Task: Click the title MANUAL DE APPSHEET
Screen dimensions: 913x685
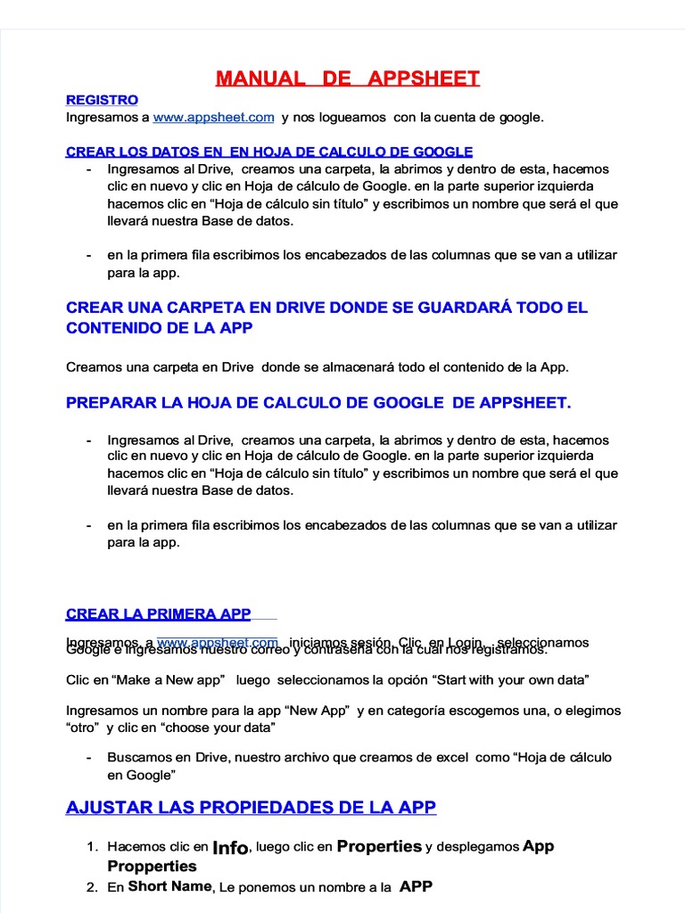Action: point(348,78)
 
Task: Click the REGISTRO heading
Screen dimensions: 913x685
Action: point(102,99)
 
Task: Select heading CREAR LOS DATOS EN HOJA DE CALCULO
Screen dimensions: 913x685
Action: point(269,152)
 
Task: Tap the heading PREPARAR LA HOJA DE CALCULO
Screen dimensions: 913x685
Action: point(318,403)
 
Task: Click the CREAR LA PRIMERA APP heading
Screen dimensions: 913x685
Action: point(159,613)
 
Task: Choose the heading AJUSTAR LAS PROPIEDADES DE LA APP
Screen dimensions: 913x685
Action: point(251,808)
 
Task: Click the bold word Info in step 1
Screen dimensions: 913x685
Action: point(230,848)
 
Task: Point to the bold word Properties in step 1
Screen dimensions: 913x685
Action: point(379,846)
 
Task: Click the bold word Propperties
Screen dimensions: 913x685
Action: point(152,866)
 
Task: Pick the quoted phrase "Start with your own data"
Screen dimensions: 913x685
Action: point(510,680)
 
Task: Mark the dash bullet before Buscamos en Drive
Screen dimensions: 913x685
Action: point(89,757)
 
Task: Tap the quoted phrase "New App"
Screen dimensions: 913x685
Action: point(318,711)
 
